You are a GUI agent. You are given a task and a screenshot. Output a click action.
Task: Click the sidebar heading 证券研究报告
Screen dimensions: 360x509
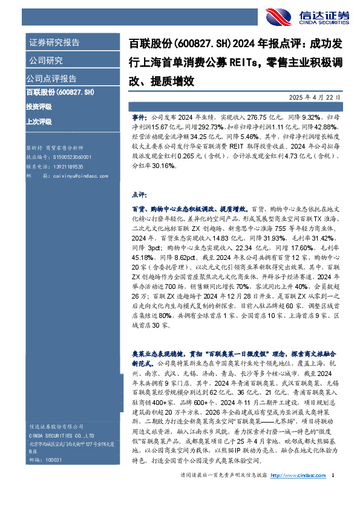(x=54, y=42)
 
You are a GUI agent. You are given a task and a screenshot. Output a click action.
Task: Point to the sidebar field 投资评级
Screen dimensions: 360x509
(x=39, y=106)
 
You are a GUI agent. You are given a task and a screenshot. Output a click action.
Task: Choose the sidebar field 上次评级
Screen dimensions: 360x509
(x=39, y=121)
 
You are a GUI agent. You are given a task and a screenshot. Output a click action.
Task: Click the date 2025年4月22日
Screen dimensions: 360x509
(x=318, y=97)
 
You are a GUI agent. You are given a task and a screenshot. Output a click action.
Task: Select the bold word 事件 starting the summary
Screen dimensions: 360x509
(x=139, y=114)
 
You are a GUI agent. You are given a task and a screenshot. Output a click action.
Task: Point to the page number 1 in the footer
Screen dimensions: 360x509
(x=333, y=493)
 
